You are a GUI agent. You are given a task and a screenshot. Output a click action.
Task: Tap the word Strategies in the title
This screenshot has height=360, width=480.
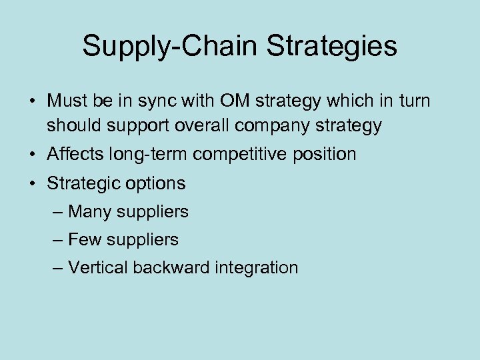coord(332,46)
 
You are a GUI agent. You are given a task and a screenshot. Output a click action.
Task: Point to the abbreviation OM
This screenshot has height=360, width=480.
coord(225,101)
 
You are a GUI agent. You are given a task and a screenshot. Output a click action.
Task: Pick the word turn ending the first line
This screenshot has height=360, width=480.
coord(413,101)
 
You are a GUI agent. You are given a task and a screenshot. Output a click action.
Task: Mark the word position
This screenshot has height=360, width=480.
coord(327,155)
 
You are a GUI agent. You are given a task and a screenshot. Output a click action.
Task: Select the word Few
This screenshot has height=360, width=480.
coord(84,239)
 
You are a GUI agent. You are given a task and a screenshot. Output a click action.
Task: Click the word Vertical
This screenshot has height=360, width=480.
coord(98,267)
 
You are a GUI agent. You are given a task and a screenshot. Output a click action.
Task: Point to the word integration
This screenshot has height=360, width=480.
coord(257,267)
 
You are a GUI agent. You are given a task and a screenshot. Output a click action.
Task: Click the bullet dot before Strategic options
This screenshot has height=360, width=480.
coord(33,183)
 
